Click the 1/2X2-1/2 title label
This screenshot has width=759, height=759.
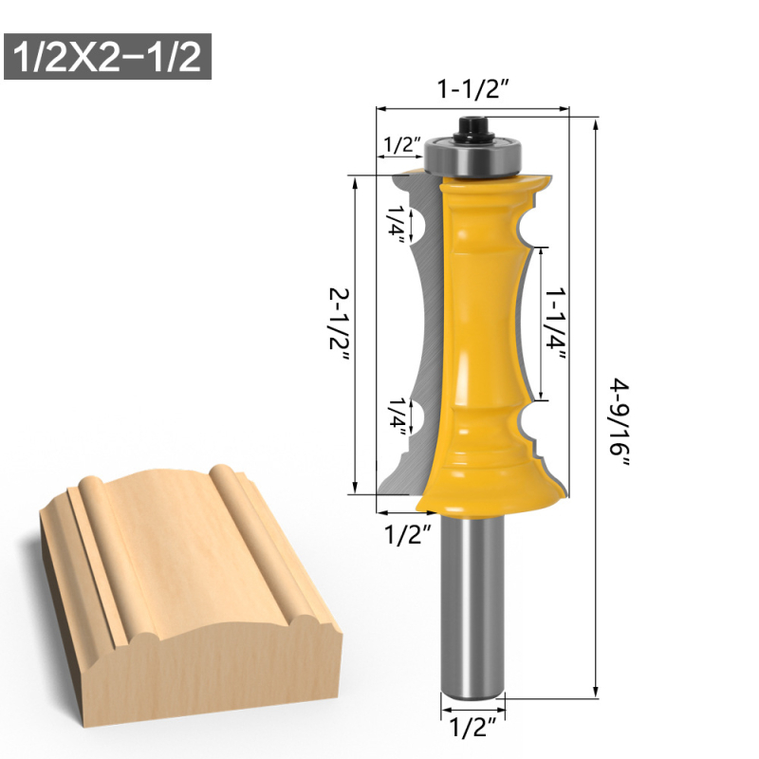pos(107,56)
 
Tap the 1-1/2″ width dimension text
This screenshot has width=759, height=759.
pos(472,89)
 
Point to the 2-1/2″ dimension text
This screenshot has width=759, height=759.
pos(339,325)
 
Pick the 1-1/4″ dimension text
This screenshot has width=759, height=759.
pos(555,325)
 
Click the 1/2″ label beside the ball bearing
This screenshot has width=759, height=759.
pos(402,145)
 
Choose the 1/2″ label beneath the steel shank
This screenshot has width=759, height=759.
pos(472,727)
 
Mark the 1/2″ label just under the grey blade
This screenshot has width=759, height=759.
pos(407,534)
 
